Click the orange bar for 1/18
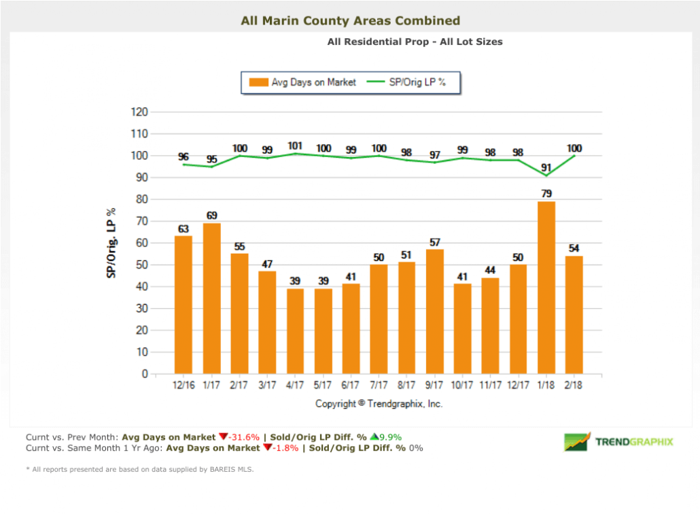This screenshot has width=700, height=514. pos(546,288)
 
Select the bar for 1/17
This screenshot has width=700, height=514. pos(211,298)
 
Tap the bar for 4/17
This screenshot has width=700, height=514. pos(295,331)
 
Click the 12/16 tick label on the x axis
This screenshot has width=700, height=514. pos(183,385)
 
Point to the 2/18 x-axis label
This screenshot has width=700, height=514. pos(574,385)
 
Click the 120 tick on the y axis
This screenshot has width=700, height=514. pos(139,112)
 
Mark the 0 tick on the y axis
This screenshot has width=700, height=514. pos(144,374)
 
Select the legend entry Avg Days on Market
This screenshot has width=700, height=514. pos(303,82)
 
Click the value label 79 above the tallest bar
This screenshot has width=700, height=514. pos(546,194)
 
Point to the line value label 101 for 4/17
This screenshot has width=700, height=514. pos(295,145)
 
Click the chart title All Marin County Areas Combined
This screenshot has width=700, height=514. pos(350,21)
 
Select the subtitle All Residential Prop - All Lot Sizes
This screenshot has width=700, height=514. pos(415,41)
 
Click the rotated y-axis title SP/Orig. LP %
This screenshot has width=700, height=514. pos(109,243)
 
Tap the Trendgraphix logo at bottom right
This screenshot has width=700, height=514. pos(618,442)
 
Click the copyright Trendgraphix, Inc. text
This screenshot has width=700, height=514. pos(379,404)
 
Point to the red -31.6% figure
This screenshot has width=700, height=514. pos(243,436)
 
